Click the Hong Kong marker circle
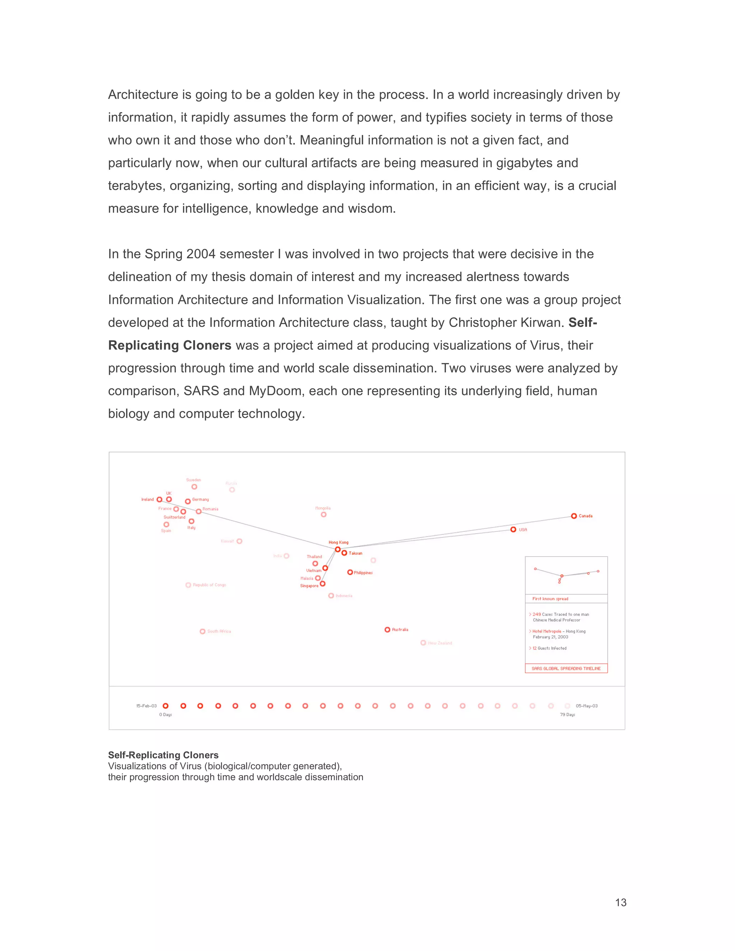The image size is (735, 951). pyautogui.click(x=337, y=549)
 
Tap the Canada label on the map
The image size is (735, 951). pyautogui.click(x=585, y=516)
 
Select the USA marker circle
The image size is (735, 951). pyautogui.click(x=513, y=529)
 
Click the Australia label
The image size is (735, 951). pyautogui.click(x=400, y=630)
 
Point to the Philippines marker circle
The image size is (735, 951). pyautogui.click(x=350, y=572)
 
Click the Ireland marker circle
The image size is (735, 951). pyautogui.click(x=159, y=500)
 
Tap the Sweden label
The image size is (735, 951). pyautogui.click(x=193, y=480)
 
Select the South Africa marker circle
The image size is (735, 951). pyautogui.click(x=202, y=631)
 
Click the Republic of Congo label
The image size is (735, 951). pyautogui.click(x=210, y=585)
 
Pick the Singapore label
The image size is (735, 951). pyautogui.click(x=309, y=586)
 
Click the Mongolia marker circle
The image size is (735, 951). pyautogui.click(x=323, y=515)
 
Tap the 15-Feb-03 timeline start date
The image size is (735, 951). pyautogui.click(x=146, y=706)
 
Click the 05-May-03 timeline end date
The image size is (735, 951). pyautogui.click(x=586, y=706)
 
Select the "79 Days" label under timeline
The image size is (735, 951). pyautogui.click(x=567, y=715)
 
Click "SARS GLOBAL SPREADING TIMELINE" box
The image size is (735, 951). pyautogui.click(x=566, y=669)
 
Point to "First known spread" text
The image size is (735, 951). pyautogui.click(x=550, y=599)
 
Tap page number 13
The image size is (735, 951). pyautogui.click(x=621, y=903)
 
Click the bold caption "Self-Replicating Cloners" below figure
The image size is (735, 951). pyautogui.click(x=163, y=755)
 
